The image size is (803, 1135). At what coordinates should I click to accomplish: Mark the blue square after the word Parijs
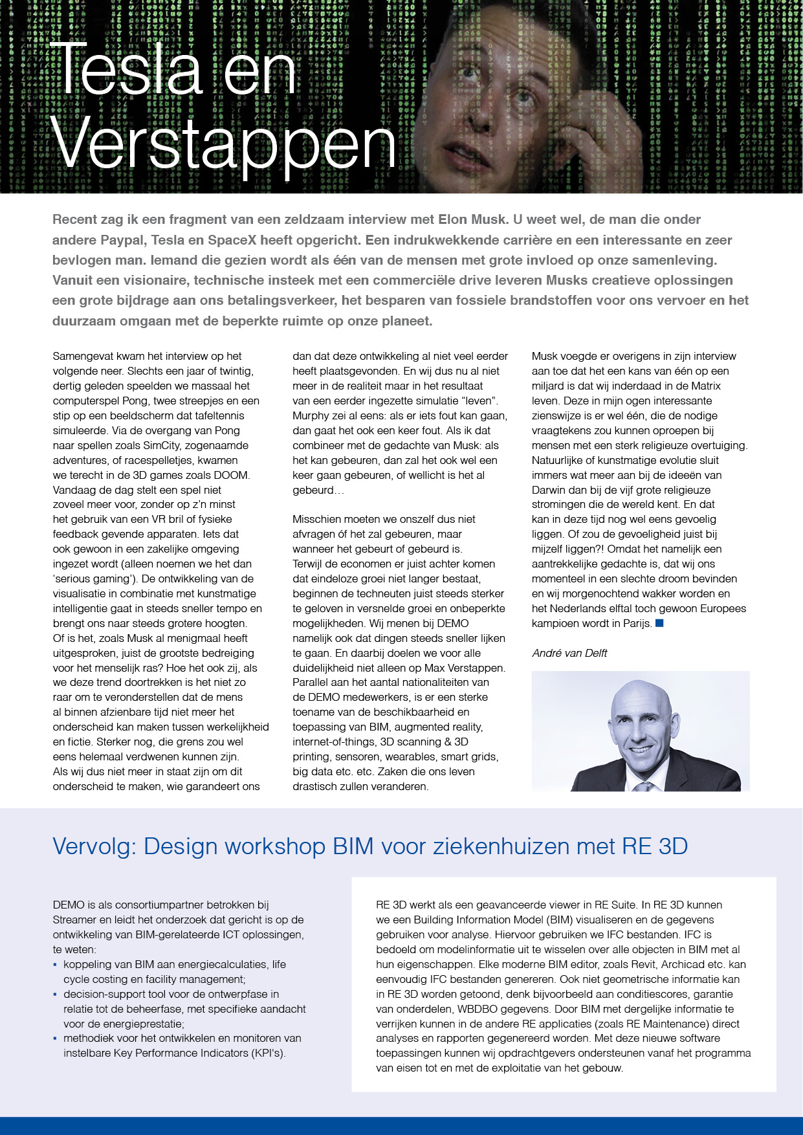point(659,623)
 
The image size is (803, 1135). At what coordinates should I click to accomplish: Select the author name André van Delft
point(569,653)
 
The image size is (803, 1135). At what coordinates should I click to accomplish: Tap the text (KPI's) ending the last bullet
point(269,1053)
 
